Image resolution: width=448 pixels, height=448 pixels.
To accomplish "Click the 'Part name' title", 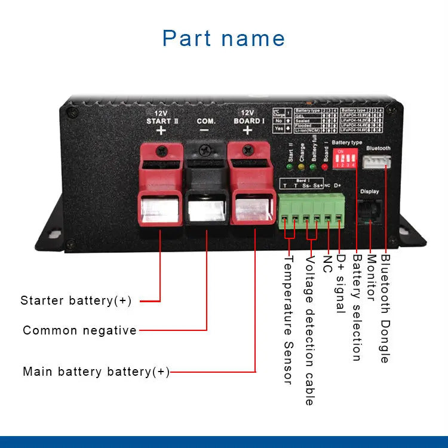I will [223, 38].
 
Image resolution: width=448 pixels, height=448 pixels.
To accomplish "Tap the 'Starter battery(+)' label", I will [76, 300].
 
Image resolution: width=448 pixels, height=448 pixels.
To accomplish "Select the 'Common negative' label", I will [79, 330].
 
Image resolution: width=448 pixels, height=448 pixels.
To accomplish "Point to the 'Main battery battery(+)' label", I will [96, 372].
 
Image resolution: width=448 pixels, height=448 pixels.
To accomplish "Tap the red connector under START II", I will [159, 185].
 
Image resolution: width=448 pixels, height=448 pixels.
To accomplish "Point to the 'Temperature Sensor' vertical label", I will [287, 320].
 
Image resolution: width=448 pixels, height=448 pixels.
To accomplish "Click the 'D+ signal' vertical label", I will [340, 284].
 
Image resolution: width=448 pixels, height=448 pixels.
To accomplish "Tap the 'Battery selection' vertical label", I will [356, 308].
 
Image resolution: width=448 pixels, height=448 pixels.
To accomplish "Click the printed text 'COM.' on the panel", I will [206, 121].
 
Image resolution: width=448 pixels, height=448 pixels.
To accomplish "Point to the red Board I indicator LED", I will [325, 167].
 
